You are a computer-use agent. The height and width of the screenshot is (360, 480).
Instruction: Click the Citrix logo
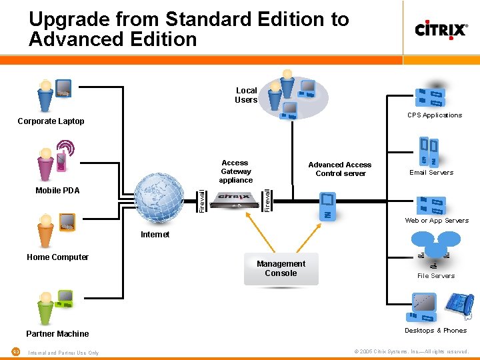441,30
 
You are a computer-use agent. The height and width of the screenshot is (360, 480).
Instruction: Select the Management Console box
281,269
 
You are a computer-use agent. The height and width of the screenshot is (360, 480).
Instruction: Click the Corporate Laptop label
51,121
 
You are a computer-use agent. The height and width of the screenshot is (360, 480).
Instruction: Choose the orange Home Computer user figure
45,230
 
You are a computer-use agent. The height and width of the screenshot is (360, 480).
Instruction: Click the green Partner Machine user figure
45,306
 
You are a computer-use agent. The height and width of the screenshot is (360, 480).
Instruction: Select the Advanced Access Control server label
340,169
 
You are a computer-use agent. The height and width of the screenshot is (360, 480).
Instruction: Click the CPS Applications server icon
431,97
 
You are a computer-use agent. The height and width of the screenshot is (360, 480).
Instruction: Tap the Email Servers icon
429,153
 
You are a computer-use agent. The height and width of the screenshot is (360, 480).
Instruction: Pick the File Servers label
436,276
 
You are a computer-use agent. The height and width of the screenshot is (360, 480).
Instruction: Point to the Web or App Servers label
437,221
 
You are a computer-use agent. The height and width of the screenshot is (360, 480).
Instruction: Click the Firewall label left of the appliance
202,200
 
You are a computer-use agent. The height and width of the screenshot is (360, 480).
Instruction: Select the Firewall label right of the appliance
267,200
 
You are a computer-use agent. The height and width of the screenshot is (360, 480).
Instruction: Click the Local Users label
246,95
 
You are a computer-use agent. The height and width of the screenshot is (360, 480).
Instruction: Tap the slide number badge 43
15,352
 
